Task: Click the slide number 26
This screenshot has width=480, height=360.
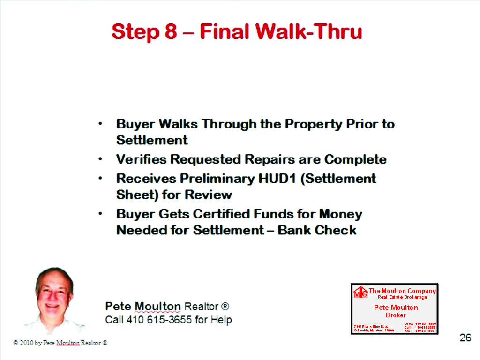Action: tap(465, 337)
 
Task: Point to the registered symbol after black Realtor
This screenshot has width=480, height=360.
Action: tap(225, 307)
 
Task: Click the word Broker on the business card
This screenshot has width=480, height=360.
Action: tap(396, 315)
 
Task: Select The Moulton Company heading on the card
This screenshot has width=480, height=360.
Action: tap(402, 291)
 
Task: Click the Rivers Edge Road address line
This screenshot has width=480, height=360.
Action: tap(371, 326)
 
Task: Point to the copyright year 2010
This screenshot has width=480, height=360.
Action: tap(26, 343)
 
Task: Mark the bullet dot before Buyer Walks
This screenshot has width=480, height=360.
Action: tap(100, 124)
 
